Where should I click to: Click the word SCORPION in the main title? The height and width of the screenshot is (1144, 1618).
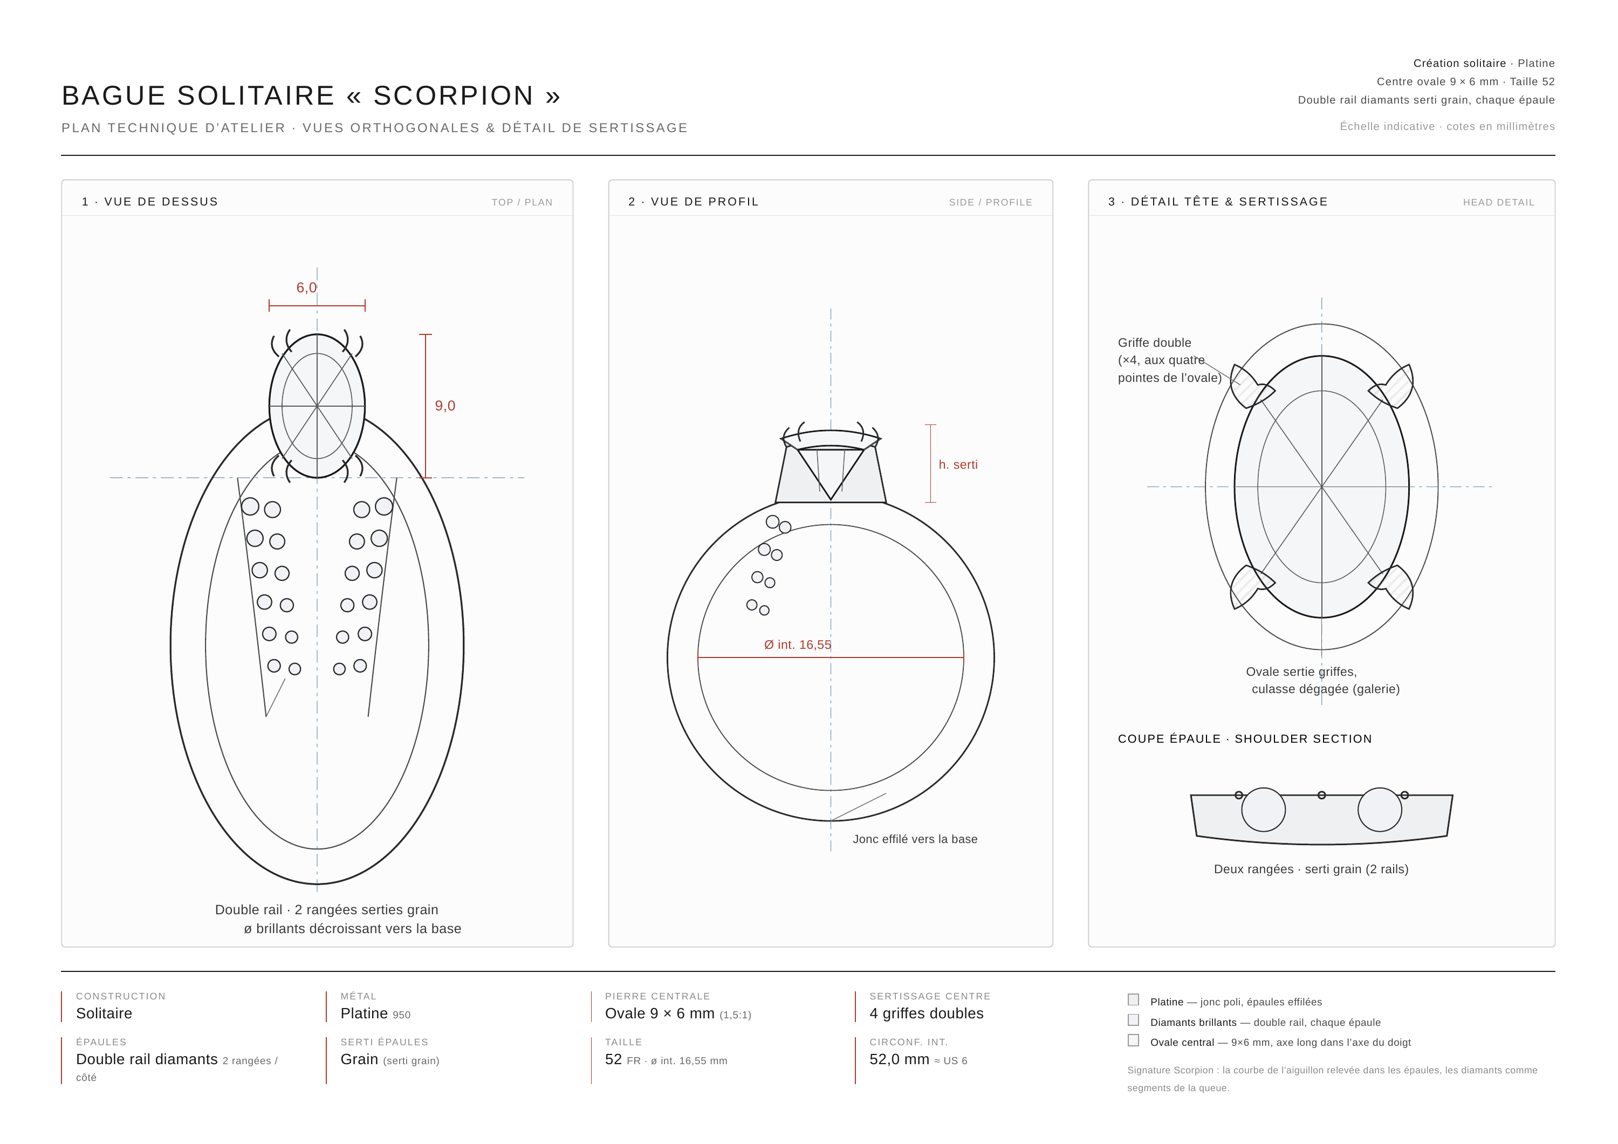click(453, 96)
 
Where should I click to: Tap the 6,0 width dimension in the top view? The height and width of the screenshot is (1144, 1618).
click(306, 287)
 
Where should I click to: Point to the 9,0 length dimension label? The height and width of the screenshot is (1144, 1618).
click(444, 406)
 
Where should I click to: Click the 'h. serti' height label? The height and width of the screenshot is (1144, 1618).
click(958, 464)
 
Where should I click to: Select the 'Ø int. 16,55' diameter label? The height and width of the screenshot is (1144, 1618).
click(798, 645)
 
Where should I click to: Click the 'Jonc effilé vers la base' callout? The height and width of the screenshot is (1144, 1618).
click(915, 839)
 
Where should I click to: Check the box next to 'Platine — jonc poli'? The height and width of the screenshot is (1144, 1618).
click(1133, 1000)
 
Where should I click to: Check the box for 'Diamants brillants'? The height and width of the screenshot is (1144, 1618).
click(1133, 1020)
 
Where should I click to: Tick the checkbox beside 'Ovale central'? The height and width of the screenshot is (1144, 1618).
click(1133, 1040)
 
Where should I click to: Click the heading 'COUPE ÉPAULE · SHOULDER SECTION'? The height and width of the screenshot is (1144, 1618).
click(1244, 739)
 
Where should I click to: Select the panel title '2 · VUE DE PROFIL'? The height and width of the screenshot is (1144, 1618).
click(694, 202)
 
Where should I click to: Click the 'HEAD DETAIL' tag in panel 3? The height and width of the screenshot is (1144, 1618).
click(1498, 202)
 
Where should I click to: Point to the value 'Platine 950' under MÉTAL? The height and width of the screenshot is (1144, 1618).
click(375, 1013)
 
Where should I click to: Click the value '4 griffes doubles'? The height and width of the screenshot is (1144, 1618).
click(926, 1013)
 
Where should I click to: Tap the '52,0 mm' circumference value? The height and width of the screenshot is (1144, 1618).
click(899, 1059)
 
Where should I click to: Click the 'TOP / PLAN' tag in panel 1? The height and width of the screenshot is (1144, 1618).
click(522, 202)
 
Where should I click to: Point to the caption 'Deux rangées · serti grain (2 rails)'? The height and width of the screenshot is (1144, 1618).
click(1311, 869)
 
